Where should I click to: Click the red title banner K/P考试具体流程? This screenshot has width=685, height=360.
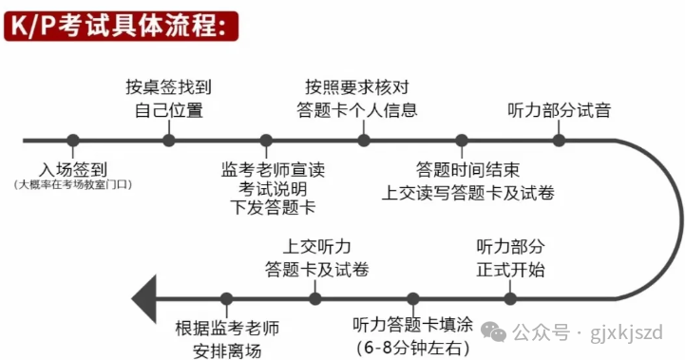tap(121, 27)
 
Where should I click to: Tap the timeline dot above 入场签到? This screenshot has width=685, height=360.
tap(73, 141)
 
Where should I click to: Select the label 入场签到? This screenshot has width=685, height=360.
tap(73, 169)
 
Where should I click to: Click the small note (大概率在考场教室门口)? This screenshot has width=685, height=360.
tap(73, 185)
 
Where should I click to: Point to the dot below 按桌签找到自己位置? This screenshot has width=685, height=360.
tap(169, 141)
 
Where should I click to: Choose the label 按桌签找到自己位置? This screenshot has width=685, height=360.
tap(168, 98)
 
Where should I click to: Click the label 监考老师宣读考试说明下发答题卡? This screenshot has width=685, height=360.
tap(273, 188)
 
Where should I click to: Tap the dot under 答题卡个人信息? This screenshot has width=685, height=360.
tap(364, 141)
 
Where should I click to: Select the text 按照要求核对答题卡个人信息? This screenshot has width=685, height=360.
tap(357, 98)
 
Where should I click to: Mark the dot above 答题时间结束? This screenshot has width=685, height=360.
tap(462, 141)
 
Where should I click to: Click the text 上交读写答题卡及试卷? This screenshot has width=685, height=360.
tap(467, 193)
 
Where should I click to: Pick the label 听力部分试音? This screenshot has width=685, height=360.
tap(560, 110)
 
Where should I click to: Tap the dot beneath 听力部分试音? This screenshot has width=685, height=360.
tap(560, 141)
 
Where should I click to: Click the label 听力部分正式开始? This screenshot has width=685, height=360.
tap(510, 257)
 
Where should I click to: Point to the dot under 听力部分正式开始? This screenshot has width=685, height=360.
tap(510, 299)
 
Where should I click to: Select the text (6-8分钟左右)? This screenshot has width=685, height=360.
tap(413, 348)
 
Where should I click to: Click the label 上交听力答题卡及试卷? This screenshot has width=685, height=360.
tap(316, 257)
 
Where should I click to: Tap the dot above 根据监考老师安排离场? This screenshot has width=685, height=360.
tap(226, 299)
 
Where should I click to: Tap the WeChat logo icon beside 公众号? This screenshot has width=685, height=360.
tap(494, 332)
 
